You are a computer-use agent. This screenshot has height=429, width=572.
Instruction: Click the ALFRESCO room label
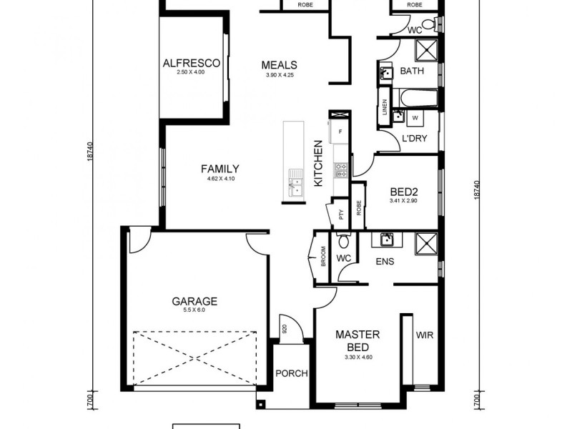click(191, 63)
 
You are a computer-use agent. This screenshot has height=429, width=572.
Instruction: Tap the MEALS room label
click(279, 64)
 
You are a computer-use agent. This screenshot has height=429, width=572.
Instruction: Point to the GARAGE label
click(194, 301)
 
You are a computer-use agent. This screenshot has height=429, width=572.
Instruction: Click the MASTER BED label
click(357, 340)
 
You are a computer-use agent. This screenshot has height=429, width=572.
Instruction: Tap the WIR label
click(424, 335)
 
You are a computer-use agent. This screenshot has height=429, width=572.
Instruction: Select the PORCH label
click(291, 373)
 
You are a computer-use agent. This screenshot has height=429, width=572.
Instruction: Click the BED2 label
click(403, 192)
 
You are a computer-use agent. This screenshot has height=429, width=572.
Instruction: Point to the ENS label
click(385, 262)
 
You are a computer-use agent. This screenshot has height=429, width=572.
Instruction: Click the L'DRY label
click(414, 139)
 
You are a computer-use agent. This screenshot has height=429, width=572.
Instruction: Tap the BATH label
click(411, 71)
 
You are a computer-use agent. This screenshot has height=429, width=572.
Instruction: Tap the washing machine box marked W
click(415, 118)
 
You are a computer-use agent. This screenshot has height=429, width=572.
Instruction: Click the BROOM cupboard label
click(323, 256)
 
